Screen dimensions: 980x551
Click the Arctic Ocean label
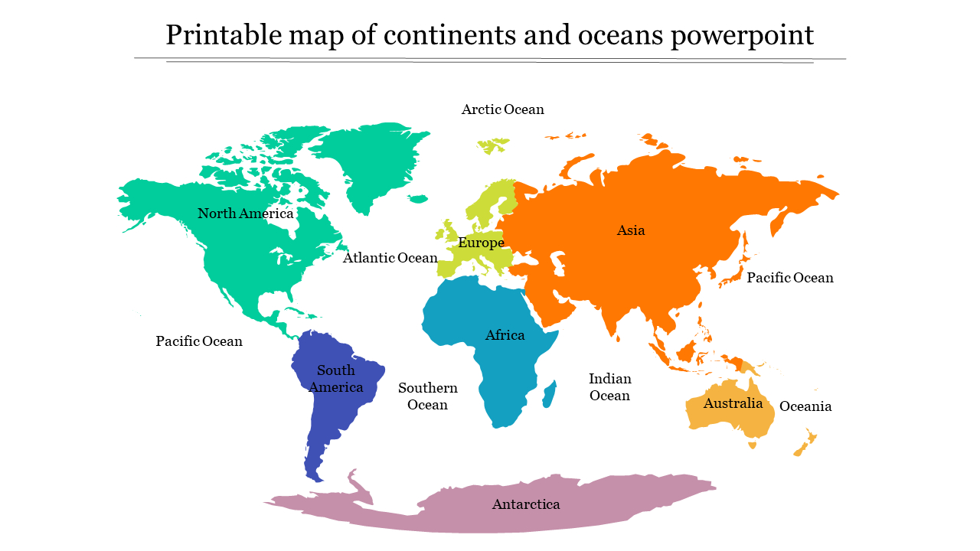point(502,109)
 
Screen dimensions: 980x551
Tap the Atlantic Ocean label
point(390,258)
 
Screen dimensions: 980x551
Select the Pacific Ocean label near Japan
point(789,278)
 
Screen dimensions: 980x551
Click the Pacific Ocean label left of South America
point(199,341)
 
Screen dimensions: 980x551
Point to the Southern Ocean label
point(427,396)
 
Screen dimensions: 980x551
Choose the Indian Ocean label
point(609,387)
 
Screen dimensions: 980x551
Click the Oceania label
point(805,406)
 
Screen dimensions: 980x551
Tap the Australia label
point(733,403)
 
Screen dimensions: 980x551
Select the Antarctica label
point(525,504)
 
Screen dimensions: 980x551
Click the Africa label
point(505,335)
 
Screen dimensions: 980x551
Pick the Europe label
point(481,243)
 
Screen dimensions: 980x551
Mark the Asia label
point(631,230)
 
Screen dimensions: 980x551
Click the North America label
point(245,214)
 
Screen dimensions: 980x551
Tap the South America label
point(336,379)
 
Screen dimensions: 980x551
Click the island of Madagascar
point(549,395)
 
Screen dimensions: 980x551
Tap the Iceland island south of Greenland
point(417,199)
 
